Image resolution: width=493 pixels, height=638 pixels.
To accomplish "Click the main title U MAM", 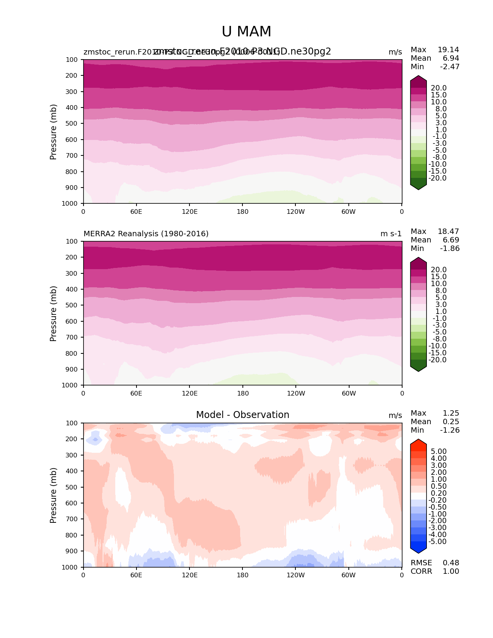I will click(x=246, y=32).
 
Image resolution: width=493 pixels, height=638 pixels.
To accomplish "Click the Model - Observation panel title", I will click(x=242, y=415).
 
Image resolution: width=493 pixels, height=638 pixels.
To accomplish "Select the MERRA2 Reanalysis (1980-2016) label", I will click(x=146, y=234).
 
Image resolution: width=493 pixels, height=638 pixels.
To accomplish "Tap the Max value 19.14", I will click(x=448, y=50).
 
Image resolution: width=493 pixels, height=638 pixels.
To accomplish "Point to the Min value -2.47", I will click(x=450, y=67).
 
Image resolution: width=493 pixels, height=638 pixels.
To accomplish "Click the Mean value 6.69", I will click(x=451, y=240).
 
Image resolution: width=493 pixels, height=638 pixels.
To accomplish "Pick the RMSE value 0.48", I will click(x=451, y=563).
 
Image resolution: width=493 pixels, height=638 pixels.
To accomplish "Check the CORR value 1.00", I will click(x=451, y=571).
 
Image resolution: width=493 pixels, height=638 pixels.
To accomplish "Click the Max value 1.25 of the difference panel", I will click(x=451, y=413).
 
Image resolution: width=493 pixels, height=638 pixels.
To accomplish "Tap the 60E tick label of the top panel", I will click(x=136, y=212).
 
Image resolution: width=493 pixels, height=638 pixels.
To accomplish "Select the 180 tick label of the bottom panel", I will click(x=242, y=575).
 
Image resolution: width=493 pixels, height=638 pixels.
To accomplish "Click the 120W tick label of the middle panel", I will click(x=296, y=393).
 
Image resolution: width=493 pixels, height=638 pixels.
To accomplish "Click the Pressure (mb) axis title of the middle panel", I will click(x=53, y=314).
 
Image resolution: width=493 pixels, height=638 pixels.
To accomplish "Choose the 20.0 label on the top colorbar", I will click(x=438, y=88).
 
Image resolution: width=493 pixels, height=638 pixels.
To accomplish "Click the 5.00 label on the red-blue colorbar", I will click(x=438, y=452).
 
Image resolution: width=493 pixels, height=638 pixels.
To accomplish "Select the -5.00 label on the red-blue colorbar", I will click(x=438, y=542).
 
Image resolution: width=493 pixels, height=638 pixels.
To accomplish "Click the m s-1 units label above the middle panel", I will click(x=391, y=234).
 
